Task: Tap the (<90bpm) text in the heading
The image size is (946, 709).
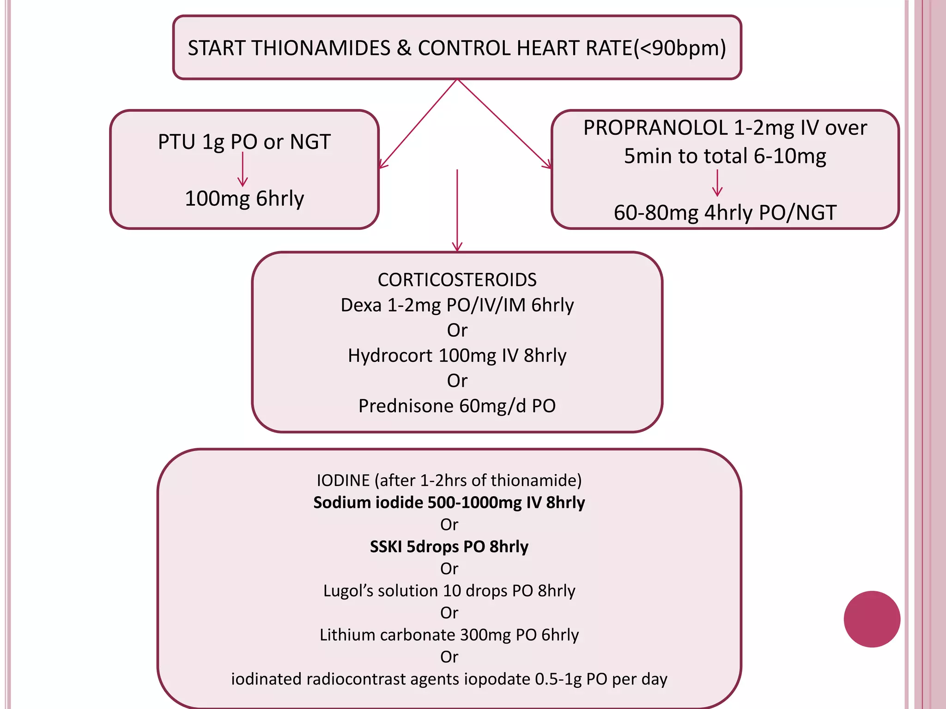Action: point(679,48)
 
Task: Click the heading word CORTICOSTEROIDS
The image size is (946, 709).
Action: point(457,280)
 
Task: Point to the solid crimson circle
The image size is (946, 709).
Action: point(872,619)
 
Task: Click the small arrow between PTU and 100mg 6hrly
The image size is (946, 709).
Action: point(243,169)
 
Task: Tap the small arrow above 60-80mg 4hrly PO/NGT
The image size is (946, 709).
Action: point(717,183)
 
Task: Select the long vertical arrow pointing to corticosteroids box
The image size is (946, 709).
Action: point(457,210)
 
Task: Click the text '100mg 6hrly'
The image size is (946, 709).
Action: point(244,198)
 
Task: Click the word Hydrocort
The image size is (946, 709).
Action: point(390,356)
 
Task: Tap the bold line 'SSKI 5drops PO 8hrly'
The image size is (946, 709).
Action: point(449,547)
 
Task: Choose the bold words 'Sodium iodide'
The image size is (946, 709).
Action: point(368,502)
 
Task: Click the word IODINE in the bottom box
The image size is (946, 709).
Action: point(343,481)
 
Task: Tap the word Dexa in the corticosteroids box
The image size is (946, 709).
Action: point(361,305)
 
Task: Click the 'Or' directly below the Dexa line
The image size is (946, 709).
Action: point(457,330)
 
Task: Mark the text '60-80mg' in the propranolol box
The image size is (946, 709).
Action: point(656,213)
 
